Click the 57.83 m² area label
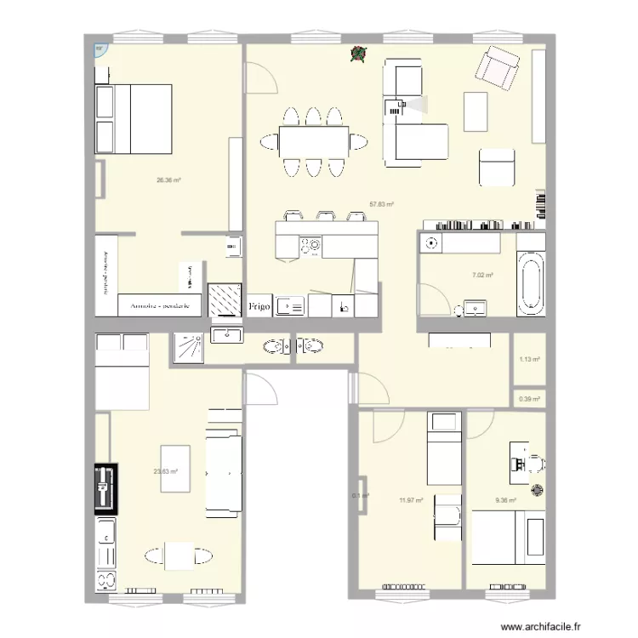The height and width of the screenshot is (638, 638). pyautogui.click(x=380, y=204)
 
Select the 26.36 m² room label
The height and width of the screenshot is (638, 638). pyautogui.click(x=168, y=180)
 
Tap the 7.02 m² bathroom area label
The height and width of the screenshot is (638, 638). pyautogui.click(x=483, y=275)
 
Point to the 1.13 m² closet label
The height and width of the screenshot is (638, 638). pyautogui.click(x=529, y=359)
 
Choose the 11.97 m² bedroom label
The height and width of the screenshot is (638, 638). pyautogui.click(x=411, y=501)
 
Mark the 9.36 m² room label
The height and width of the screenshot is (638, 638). pyautogui.click(x=505, y=501)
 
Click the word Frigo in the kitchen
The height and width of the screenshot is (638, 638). pyautogui.click(x=259, y=305)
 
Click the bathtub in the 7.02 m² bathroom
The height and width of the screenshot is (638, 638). pyautogui.click(x=530, y=283)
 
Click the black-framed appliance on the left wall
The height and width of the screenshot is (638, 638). pyautogui.click(x=105, y=490)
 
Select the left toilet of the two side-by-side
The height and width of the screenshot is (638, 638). pyautogui.click(x=273, y=346)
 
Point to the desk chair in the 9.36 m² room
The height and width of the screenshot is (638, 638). pyautogui.click(x=533, y=463)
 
